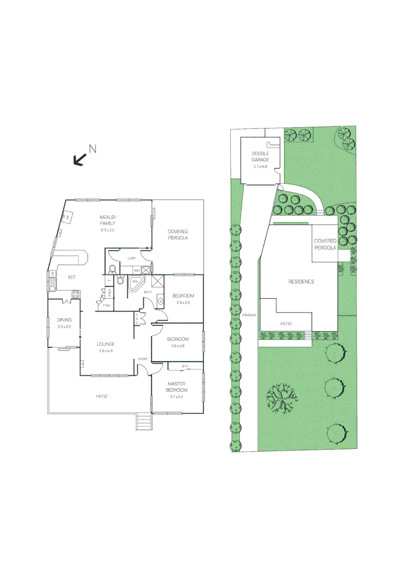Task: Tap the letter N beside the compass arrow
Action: click(92, 149)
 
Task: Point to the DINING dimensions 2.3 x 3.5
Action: click(64, 326)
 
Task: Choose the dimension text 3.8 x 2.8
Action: click(177, 346)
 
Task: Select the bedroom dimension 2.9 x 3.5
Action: click(183, 302)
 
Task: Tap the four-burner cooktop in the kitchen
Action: click(76, 293)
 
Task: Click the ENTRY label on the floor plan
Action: click(143, 359)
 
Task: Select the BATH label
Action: click(148, 292)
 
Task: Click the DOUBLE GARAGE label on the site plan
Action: click(260, 157)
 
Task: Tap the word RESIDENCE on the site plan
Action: click(301, 282)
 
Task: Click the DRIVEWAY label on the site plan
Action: click(250, 315)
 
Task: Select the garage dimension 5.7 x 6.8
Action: click(260, 167)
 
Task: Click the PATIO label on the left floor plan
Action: click(102, 397)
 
